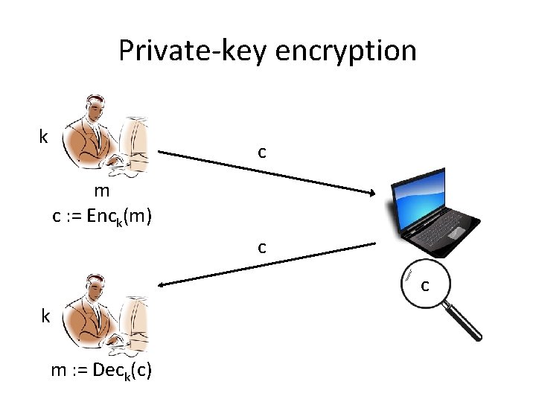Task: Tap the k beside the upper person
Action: point(44,137)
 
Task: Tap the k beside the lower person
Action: point(45,316)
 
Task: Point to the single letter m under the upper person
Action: point(102,193)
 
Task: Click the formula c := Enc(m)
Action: point(102,217)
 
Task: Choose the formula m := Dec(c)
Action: point(101,370)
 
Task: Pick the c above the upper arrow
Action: point(262,152)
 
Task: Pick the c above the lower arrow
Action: point(262,247)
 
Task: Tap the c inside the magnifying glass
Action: point(425,285)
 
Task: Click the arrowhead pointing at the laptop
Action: point(372,194)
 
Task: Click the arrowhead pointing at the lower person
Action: point(161,284)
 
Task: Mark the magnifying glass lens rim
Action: point(402,285)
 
